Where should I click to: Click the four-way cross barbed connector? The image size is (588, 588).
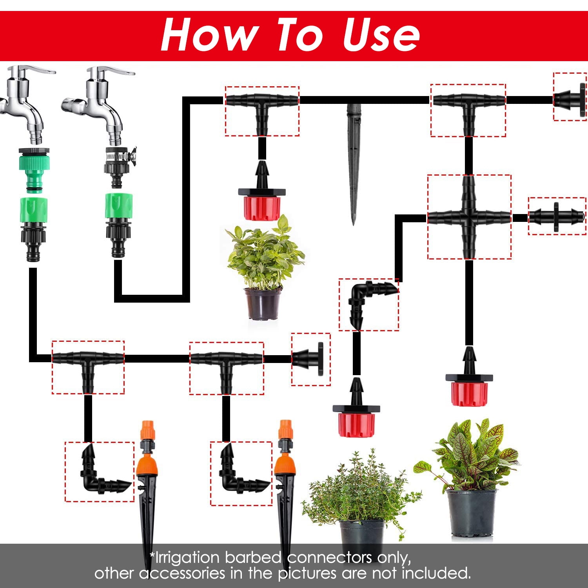click(469, 217)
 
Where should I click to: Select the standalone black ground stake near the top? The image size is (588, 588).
click(353, 161)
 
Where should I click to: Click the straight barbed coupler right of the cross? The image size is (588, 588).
click(557, 216)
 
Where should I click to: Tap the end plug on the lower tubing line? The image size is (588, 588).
click(310, 358)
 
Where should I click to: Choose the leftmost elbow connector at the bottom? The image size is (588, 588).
click(100, 472)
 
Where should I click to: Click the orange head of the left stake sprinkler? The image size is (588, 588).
click(147, 465)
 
